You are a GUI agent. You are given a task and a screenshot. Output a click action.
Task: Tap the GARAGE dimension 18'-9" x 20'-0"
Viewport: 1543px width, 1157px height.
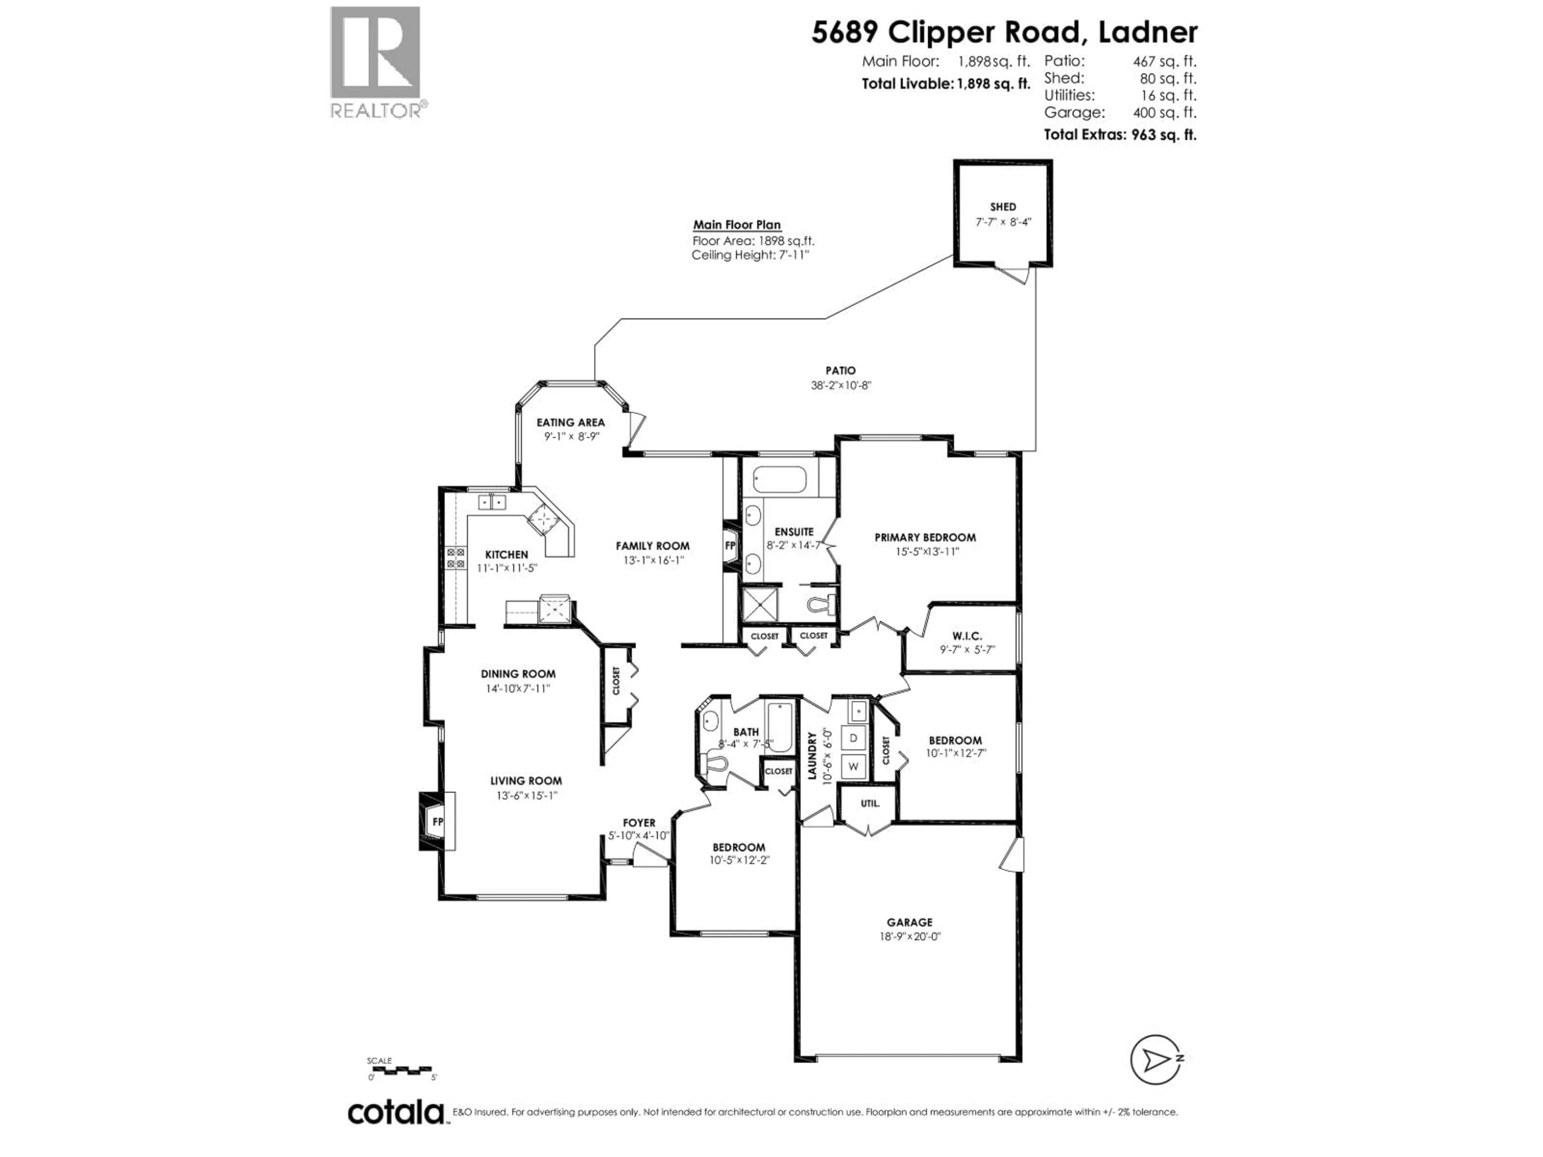(x=910, y=936)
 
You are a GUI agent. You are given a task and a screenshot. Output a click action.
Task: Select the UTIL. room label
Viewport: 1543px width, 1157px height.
(x=869, y=803)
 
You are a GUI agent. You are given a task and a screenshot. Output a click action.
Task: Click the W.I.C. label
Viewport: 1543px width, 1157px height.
(x=967, y=636)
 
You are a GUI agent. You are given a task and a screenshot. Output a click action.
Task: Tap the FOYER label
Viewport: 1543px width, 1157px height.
(x=639, y=823)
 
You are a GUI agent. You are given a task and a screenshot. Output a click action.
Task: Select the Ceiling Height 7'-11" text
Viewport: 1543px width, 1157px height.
(x=750, y=255)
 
